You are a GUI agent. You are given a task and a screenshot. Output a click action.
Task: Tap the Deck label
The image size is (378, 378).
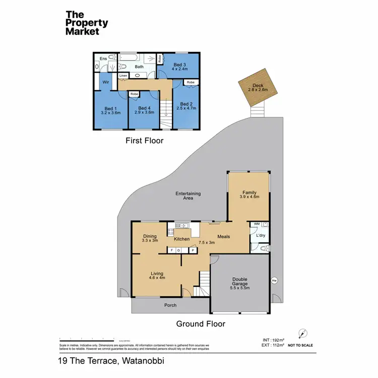click(x=259, y=86)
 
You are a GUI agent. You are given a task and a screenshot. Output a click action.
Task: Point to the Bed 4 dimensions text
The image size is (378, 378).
click(x=144, y=113)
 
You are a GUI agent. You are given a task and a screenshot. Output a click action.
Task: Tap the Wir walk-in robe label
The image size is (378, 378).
click(x=106, y=81)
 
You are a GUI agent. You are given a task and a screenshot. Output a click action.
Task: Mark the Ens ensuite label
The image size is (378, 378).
click(x=103, y=58)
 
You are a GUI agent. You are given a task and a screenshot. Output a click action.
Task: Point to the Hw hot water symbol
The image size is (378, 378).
click(x=274, y=281)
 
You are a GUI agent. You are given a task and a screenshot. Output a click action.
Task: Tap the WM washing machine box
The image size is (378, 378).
click(x=257, y=224)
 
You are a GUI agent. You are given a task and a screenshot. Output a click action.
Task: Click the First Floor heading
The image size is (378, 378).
click(x=144, y=141)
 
